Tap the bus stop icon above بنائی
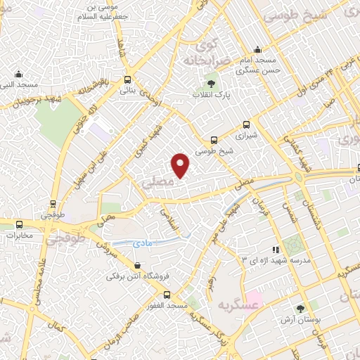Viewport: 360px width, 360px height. click(127, 79)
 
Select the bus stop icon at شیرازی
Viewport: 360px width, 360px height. click(245, 122)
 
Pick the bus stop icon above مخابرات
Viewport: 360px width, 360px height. click(19, 224)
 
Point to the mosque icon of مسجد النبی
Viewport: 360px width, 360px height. click(18, 73)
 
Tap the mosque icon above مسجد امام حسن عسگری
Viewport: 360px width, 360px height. click(257, 50)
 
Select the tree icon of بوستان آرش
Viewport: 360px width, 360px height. click(301, 309)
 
